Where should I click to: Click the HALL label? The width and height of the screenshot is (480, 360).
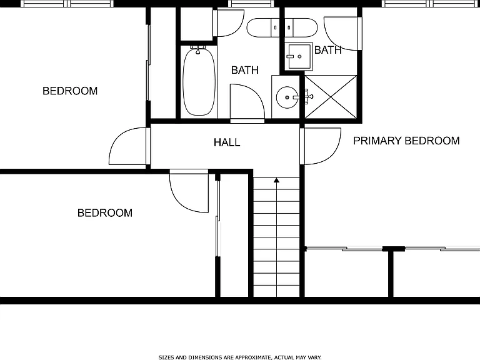tap(227, 142)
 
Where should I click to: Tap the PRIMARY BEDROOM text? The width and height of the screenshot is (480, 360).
tap(406, 141)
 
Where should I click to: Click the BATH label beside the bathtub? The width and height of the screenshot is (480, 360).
tap(245, 70)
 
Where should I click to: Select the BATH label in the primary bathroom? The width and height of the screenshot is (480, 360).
tap(328, 50)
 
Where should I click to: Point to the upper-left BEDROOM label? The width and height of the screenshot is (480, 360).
tap(70, 91)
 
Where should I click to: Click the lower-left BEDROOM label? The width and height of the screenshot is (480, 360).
tap(105, 212)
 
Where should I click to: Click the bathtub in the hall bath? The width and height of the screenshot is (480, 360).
tap(199, 81)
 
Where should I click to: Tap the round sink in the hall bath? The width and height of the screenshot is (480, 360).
tap(287, 97)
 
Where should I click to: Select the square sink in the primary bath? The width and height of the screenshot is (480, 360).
tap(299, 57)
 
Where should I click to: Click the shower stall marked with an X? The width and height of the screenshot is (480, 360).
tap(331, 97)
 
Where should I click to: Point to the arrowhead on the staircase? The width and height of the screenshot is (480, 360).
tap(276, 180)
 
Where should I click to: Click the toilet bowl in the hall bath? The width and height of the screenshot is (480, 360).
tap(259, 27)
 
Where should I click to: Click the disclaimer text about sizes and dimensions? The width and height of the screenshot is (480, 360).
tap(240, 357)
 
